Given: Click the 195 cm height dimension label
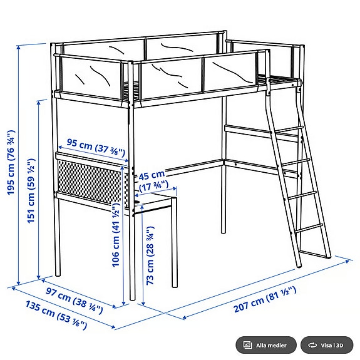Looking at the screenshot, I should pyautogui.click(x=11, y=163).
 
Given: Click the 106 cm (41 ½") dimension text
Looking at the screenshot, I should pyautogui.click(x=116, y=235).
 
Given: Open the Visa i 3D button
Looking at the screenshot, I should pyautogui.click(x=326, y=345).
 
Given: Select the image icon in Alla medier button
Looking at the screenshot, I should pyautogui.click(x=248, y=345).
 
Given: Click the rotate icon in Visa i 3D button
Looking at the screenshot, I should pyautogui.click(x=311, y=345).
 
